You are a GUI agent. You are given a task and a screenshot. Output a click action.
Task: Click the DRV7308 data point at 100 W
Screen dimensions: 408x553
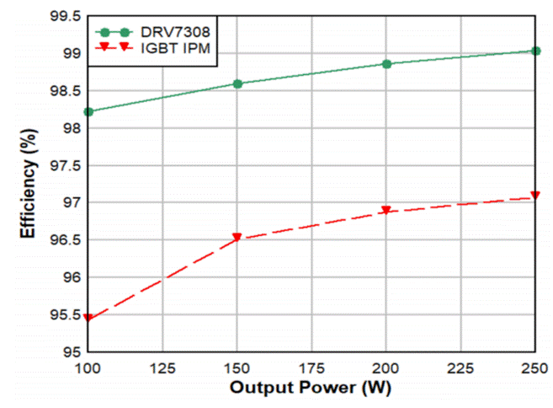pos(88,111)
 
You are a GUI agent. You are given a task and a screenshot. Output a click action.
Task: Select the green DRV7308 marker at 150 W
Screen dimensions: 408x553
pos(237,83)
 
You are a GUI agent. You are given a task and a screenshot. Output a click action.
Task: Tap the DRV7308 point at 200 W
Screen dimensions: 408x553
pos(386,64)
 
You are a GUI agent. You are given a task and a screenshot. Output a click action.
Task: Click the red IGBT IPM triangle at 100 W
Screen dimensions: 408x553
pos(88,319)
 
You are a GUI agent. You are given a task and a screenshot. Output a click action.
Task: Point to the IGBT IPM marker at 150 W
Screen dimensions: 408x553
pos(237,238)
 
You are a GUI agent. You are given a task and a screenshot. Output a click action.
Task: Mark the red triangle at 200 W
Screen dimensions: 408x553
pos(386,211)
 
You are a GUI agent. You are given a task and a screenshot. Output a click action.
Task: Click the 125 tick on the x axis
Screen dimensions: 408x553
pos(162,368)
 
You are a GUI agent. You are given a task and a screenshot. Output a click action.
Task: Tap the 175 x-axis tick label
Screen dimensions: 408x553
pos(311,368)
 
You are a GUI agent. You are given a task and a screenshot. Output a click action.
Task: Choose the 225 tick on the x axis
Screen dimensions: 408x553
pos(460,368)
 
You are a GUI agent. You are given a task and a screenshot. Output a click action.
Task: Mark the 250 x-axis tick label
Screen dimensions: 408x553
pos(534,368)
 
